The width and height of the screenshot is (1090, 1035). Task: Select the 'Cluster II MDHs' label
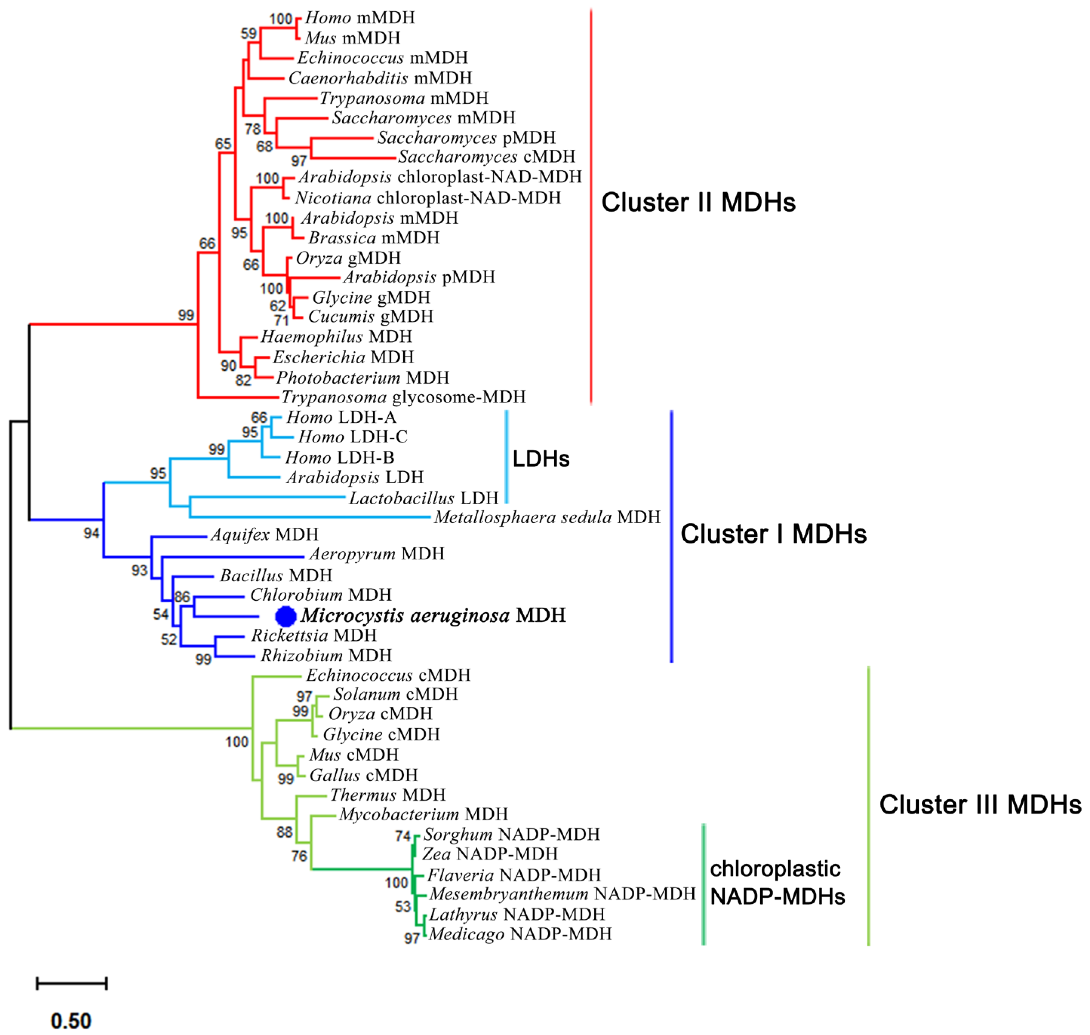(x=698, y=203)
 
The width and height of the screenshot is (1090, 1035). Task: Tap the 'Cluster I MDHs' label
(x=773, y=534)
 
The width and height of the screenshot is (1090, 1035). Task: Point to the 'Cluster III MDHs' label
(x=979, y=805)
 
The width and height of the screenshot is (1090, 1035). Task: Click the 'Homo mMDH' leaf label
(x=359, y=18)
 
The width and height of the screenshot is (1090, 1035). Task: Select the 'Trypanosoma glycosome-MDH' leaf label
(x=403, y=397)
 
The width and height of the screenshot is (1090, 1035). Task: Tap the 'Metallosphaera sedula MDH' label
(x=546, y=517)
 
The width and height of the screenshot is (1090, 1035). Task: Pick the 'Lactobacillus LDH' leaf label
(x=423, y=498)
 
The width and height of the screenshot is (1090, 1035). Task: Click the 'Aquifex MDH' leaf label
(x=264, y=534)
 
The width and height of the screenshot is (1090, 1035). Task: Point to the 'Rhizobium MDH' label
(x=326, y=656)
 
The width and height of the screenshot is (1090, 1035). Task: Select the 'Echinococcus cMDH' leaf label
(x=388, y=675)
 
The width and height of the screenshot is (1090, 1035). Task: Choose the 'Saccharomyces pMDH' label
(x=466, y=137)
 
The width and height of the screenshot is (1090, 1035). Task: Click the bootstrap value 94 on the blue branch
(x=92, y=533)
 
